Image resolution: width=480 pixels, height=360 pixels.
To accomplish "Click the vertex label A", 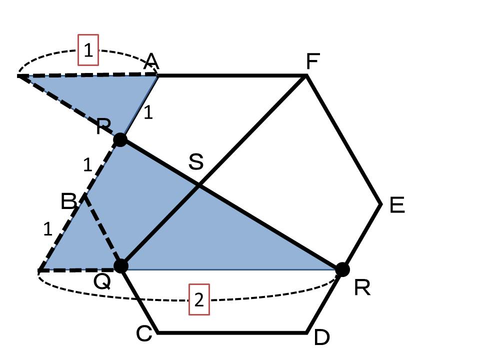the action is (x=151, y=62).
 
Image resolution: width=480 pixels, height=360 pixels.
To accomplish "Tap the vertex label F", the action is (x=313, y=61).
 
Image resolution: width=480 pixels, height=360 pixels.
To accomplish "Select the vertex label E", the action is (x=397, y=205).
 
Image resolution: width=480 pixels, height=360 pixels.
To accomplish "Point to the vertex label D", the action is (x=322, y=337).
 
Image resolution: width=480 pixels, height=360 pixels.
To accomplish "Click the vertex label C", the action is (x=144, y=333).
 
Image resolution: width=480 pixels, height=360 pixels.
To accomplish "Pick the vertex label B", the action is (x=68, y=201).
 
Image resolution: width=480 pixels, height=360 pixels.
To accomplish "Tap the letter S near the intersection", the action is (x=196, y=161).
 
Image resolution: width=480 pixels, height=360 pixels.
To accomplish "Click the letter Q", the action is (x=102, y=281).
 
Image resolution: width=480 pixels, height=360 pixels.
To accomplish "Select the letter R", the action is (x=362, y=288).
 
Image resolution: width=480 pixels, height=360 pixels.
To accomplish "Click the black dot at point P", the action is (x=120, y=140).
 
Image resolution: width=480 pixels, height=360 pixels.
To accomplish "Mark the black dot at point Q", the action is (x=121, y=265).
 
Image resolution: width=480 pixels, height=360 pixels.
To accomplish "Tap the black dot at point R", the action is (x=342, y=269).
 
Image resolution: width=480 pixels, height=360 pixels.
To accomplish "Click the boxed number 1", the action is (x=88, y=50).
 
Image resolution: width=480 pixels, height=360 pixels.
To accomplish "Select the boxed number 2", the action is (x=199, y=299).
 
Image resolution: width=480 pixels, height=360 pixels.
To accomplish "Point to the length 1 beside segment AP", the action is (x=148, y=112).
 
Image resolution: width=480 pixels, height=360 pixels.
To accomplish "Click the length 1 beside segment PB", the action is (x=87, y=164).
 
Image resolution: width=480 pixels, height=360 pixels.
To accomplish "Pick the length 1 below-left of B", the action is (x=48, y=229).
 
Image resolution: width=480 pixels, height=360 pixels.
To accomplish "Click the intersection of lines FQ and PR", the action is (x=199, y=184).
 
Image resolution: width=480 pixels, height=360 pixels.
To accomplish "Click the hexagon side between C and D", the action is (x=232, y=332).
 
